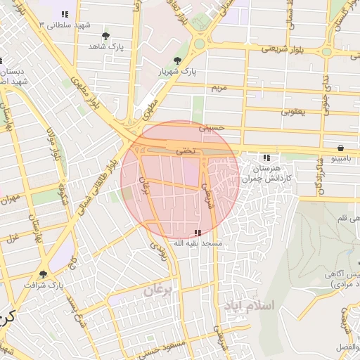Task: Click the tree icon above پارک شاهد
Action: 105,35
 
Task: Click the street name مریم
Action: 221,87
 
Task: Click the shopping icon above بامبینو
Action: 341,148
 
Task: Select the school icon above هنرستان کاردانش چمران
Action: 266,158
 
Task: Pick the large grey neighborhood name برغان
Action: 157,289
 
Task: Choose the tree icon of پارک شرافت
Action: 44,274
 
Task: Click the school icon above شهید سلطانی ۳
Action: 65,13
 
